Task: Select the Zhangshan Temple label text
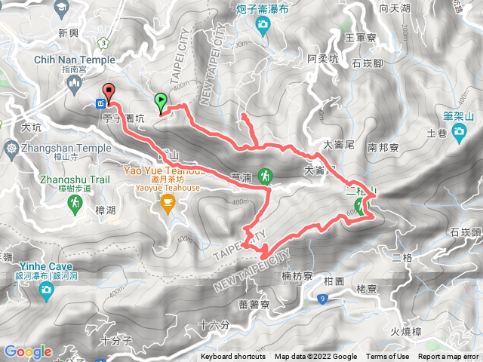57,149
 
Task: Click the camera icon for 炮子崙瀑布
262,28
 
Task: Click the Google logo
27,352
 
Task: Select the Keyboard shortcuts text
233,357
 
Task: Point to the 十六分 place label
215,325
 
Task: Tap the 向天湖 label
395,9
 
